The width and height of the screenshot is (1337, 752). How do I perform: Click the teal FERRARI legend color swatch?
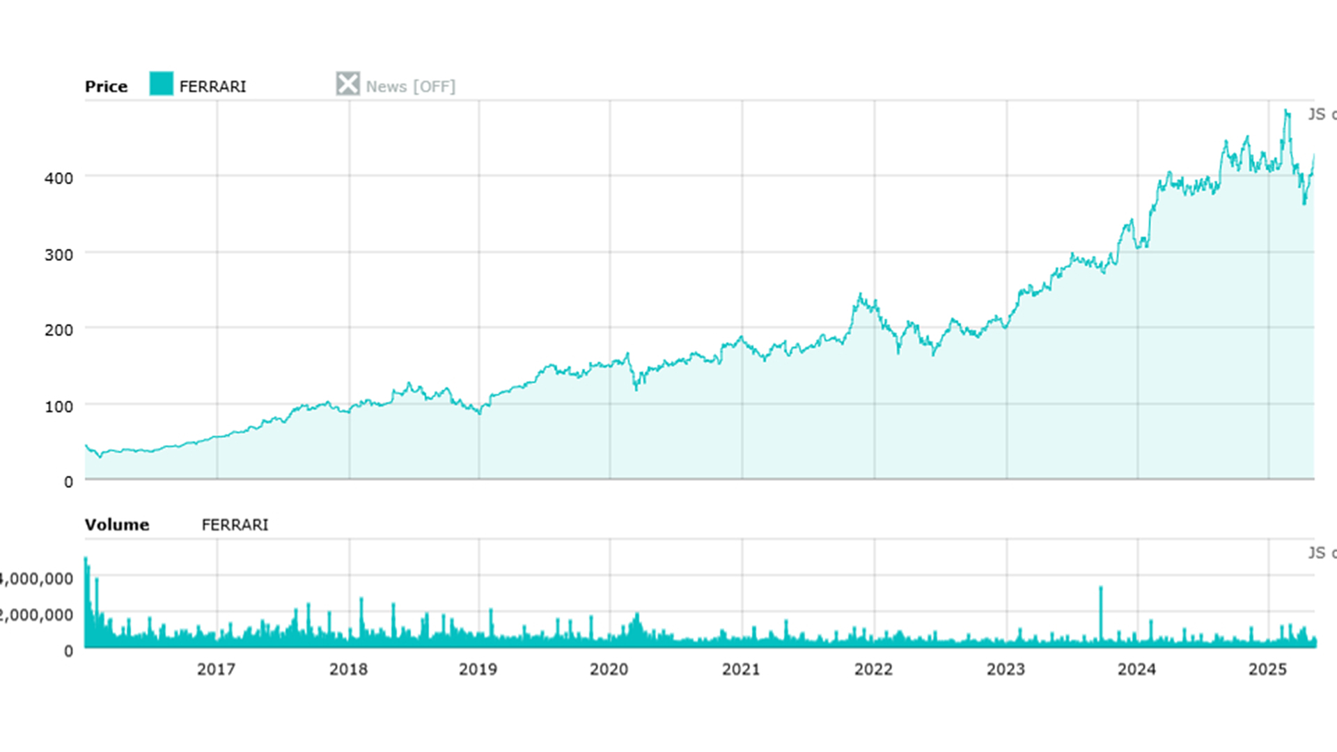point(161,84)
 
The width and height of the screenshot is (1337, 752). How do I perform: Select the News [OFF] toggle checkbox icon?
point(347,84)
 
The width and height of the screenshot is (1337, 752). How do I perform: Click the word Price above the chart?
point(106,86)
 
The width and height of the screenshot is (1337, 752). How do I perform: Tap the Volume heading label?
point(117,524)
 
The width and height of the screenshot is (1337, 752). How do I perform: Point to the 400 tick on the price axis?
point(58,178)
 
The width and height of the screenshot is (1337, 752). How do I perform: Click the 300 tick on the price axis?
point(58,255)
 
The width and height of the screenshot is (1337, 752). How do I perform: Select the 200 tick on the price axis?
point(58,330)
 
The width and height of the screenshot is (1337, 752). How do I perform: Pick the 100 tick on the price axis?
point(58,407)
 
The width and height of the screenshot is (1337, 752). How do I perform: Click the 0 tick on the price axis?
point(68,482)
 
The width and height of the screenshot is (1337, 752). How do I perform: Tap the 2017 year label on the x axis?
point(216,669)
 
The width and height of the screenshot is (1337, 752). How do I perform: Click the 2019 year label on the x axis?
point(478,669)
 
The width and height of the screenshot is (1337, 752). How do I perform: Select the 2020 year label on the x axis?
point(609,669)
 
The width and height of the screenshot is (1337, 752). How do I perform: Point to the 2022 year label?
point(873,669)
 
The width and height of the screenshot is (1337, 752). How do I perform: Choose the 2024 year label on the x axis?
point(1136,669)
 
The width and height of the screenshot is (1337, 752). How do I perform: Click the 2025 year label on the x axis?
point(1267,669)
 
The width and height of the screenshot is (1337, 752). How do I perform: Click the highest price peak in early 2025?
point(1286,111)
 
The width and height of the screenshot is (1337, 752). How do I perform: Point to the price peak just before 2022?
point(861,295)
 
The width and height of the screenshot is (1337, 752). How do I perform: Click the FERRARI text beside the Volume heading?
point(235,524)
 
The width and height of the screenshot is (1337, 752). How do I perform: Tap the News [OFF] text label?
point(410,86)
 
